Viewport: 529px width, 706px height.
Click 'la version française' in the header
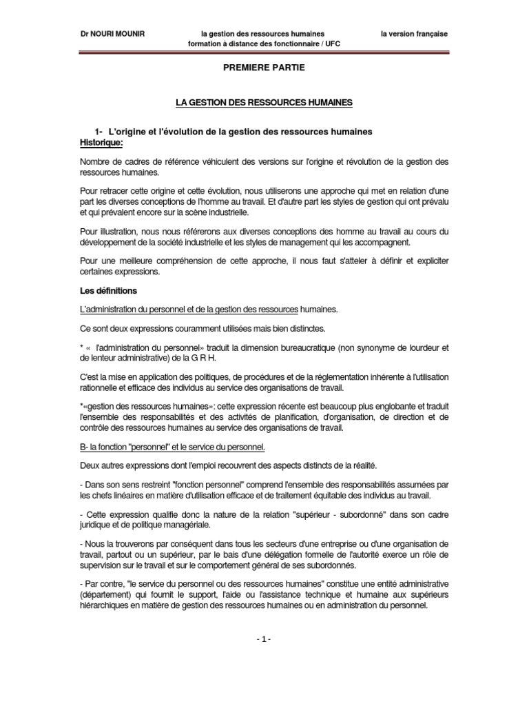pyautogui.click(x=414, y=33)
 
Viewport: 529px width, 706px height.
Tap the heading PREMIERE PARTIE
pyautogui.click(x=264, y=68)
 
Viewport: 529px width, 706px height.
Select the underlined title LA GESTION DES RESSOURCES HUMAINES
pyautogui.click(x=264, y=102)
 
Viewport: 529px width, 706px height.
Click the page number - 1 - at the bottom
pyautogui.click(x=264, y=639)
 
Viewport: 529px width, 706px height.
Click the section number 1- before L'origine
pyautogui.click(x=98, y=132)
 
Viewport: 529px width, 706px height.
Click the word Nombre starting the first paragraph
pyautogui.click(x=95, y=161)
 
